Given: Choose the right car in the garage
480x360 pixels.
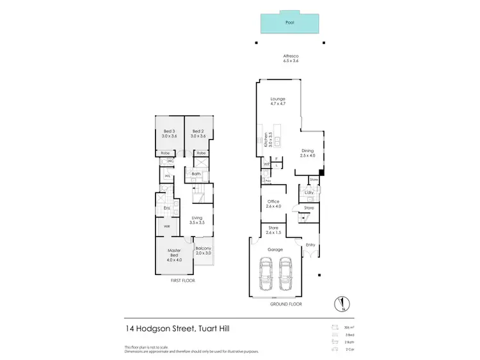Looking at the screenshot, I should click(x=286, y=274).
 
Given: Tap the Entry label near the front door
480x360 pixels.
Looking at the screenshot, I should click(x=311, y=244).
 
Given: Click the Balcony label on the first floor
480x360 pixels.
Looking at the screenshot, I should click(x=204, y=248).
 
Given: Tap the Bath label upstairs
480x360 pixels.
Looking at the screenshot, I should click(x=196, y=174).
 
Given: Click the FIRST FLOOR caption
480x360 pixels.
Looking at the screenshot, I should click(x=182, y=281).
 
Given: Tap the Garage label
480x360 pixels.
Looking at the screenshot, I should click(x=275, y=249).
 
